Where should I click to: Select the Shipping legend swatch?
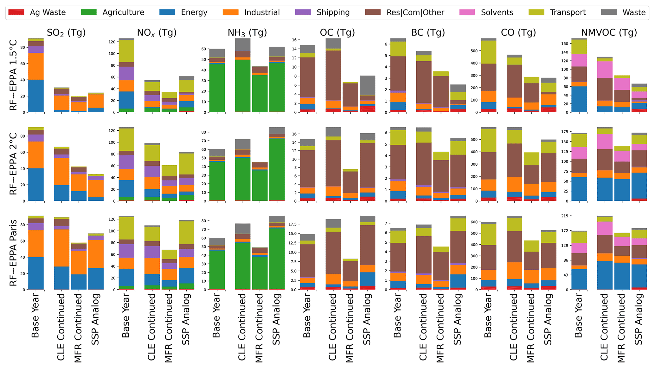pyautogui.click(x=303, y=12)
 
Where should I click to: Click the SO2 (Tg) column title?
pyautogui.click(x=66, y=33)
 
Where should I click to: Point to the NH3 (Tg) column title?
pyautogui.click(x=247, y=33)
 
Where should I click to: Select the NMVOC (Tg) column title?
pyautogui.click(x=609, y=33)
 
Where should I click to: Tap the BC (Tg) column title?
pyautogui.click(x=428, y=33)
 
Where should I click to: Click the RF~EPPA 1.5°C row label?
pyautogui.click(x=13, y=75)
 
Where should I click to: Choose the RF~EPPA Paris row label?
pyautogui.click(x=13, y=253)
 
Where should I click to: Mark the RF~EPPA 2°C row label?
pyautogui.click(x=13, y=164)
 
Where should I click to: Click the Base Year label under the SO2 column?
pyautogui.click(x=35, y=316)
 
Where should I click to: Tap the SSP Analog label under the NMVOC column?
pyautogui.click(x=639, y=319)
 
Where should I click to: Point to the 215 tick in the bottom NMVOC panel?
pyautogui.click(x=565, y=216)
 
